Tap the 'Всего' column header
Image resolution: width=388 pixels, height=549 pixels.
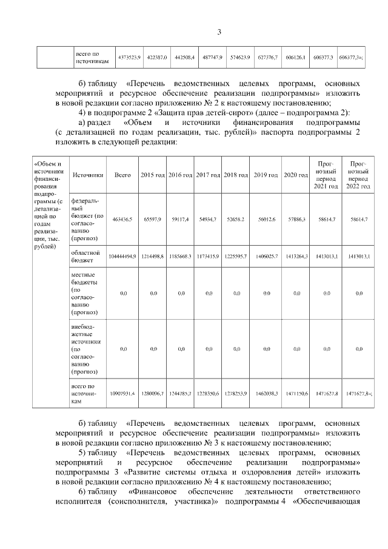(x=122, y=175)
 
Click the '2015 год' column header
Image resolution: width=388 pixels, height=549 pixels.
(x=153, y=175)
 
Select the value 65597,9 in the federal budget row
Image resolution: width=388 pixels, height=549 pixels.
(x=153, y=219)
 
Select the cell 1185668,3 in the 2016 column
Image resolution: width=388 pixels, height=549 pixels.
(x=181, y=257)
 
